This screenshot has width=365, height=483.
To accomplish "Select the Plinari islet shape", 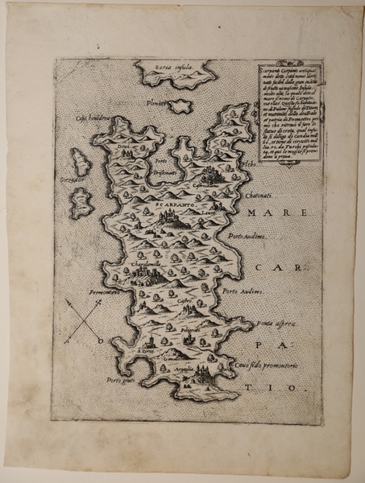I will (x=179, y=105).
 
